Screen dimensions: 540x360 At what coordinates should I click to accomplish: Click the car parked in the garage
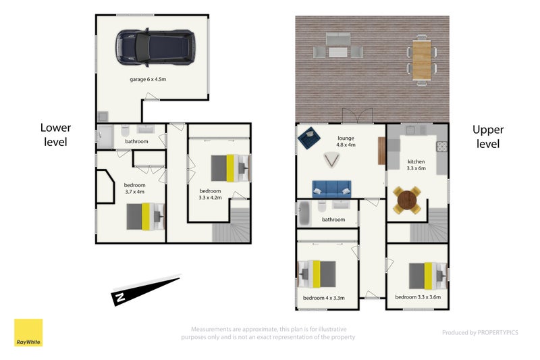(155, 47)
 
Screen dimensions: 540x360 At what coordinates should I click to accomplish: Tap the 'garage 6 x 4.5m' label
(148, 79)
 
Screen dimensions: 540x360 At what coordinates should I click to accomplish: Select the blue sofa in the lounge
(331, 189)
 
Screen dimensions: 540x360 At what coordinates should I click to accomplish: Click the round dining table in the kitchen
(407, 200)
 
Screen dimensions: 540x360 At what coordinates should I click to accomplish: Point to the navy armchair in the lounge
(309, 138)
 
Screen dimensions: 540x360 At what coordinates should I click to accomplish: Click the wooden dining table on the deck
(421, 59)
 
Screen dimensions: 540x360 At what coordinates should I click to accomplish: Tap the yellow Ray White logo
(28, 332)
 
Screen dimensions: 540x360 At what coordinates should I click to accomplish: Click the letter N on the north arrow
(120, 297)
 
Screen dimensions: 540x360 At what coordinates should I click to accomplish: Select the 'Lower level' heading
(55, 134)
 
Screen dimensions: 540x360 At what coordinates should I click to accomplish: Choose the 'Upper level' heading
(488, 136)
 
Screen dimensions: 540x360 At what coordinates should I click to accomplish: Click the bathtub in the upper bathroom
(304, 213)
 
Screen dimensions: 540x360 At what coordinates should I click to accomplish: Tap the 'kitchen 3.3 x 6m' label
(416, 165)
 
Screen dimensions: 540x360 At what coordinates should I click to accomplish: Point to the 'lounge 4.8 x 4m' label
(346, 141)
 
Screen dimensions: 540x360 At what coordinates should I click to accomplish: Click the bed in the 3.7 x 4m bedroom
(146, 217)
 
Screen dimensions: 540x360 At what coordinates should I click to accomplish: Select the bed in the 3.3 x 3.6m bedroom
(428, 276)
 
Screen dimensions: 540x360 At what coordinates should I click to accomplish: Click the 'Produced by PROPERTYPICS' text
(480, 332)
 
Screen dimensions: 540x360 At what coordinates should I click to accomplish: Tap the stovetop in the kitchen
(442, 147)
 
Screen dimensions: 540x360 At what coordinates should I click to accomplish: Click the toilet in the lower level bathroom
(125, 131)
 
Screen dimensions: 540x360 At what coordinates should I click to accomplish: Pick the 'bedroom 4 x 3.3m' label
(324, 298)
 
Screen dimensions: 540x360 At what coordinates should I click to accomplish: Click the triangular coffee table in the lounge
(331, 160)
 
